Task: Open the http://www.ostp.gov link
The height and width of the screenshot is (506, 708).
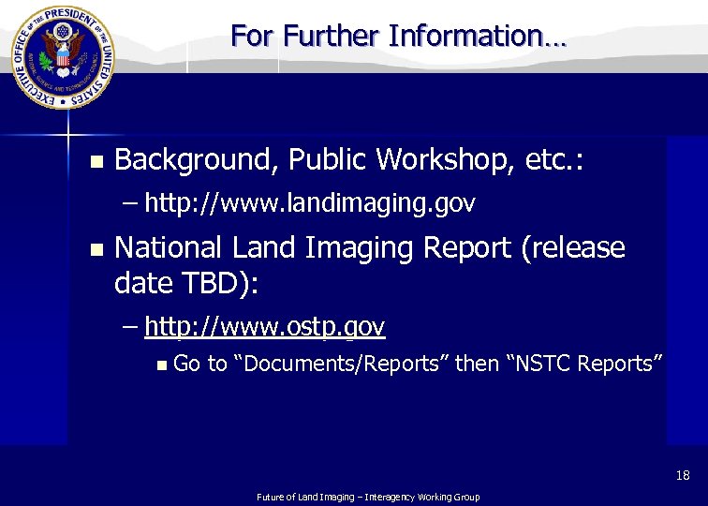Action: coord(265,326)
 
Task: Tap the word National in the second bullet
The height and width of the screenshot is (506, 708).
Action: coord(168,247)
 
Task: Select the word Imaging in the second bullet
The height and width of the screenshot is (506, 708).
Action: coord(362,247)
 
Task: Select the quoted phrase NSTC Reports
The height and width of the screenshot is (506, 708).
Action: coord(585,364)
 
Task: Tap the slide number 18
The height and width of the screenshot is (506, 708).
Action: coord(683,476)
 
